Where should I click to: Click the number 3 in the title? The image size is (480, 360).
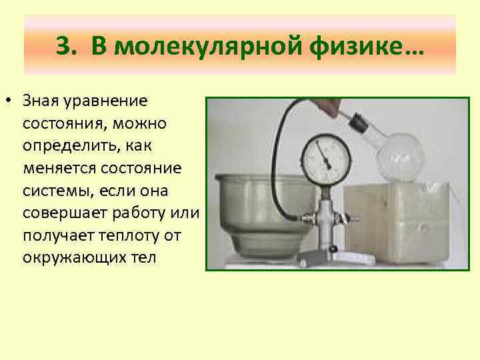coord(63,48)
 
